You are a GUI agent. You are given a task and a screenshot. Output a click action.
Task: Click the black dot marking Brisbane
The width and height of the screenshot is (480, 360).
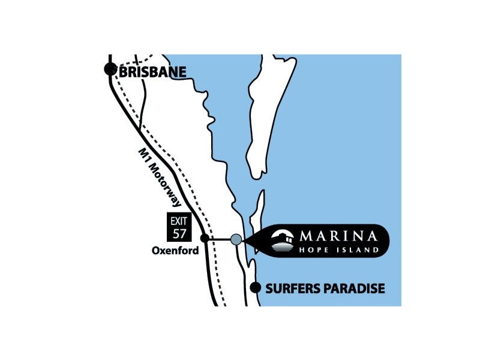(110, 70)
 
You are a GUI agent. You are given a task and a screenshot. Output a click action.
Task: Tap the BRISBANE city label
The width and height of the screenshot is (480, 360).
(153, 72)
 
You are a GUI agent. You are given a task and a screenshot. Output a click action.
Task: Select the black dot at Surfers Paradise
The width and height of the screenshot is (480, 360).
(255, 287)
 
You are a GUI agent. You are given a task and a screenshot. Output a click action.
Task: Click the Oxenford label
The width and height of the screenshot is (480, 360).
(175, 251)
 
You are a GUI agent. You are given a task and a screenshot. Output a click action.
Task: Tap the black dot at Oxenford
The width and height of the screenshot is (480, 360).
(205, 239)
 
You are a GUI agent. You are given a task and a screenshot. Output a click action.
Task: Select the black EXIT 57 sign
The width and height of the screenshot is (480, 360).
(179, 227)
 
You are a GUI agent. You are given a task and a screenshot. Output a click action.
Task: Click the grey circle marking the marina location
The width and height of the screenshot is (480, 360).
(236, 239)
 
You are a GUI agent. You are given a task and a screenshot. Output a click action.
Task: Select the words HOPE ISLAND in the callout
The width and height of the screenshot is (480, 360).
(340, 249)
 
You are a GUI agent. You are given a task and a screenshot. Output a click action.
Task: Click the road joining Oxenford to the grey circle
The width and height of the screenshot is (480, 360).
(219, 239)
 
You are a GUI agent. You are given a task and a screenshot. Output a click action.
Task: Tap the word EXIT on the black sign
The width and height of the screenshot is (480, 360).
(179, 221)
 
